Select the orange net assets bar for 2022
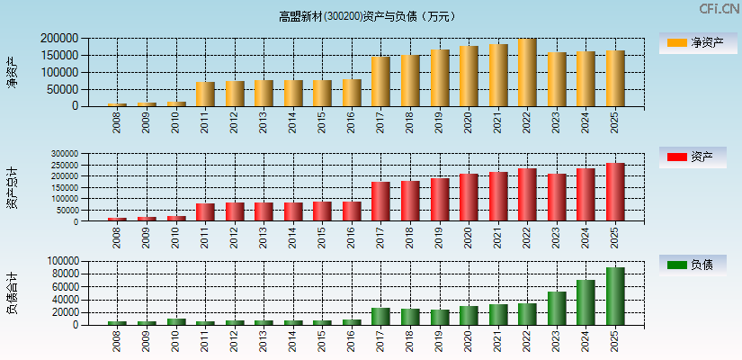click(527, 73)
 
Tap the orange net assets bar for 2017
click(380, 82)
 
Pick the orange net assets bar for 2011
click(205, 94)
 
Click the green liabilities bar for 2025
click(615, 296)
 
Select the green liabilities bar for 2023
click(557, 309)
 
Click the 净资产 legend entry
click(692, 42)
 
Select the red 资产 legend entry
click(692, 157)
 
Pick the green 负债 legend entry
click(692, 265)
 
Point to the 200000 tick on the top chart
click(58, 39)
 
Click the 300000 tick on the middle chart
click(62, 154)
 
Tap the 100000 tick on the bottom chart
click(62, 261)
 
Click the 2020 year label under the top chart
click(468, 122)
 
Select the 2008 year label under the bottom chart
click(117, 341)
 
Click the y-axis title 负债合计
click(12, 292)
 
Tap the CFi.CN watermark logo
click(719, 8)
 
